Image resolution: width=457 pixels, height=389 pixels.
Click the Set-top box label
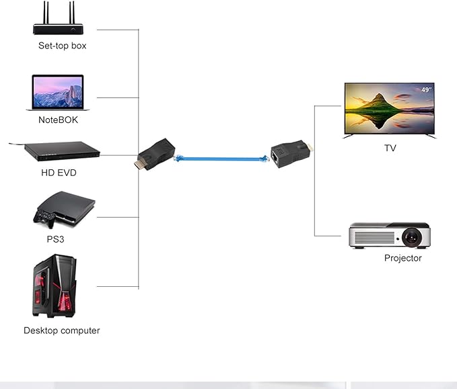tap(62, 46)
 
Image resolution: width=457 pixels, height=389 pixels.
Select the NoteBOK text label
tap(58, 120)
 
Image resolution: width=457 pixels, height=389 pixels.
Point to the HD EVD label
tap(59, 173)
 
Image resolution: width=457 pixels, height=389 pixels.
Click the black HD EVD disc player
tap(61, 152)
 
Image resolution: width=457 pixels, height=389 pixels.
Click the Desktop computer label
tap(61, 331)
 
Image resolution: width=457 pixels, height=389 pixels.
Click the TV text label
tap(390, 148)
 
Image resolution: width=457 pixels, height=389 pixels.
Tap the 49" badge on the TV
tap(425, 89)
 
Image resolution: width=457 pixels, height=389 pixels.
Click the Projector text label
tap(402, 258)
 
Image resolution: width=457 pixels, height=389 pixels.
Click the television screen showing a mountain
tap(389, 110)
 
